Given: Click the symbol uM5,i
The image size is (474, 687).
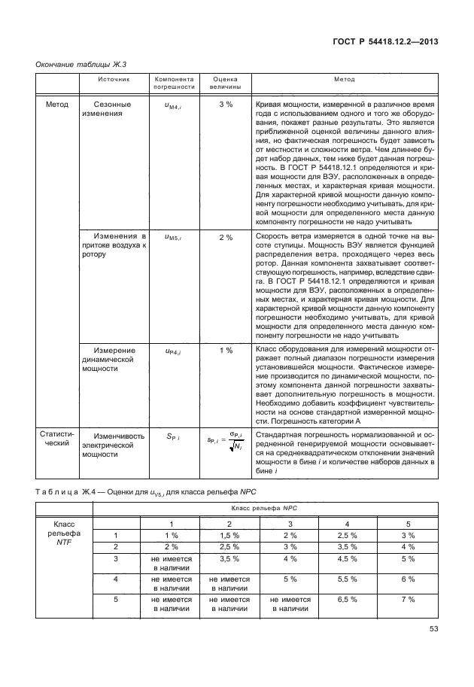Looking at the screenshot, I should [x=174, y=238].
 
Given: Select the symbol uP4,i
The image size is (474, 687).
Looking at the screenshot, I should [x=174, y=351].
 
